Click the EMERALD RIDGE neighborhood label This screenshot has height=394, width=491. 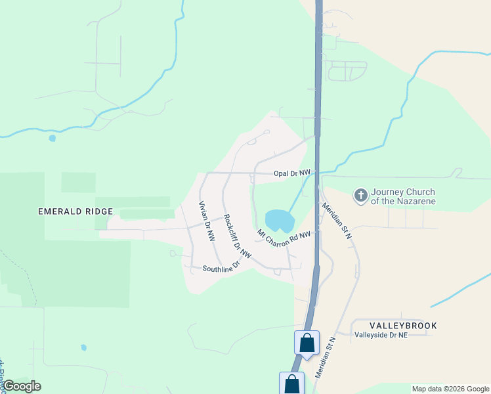coord(75,211)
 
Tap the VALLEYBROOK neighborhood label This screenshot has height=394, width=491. coord(403,326)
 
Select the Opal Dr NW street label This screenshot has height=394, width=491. coord(292,173)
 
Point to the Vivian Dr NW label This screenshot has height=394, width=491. coord(207,223)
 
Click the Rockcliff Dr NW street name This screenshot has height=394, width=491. coord(237,236)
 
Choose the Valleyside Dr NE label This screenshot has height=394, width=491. coord(381,335)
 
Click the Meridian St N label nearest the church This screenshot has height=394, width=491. coord(337,221)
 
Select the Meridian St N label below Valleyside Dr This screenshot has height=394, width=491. coord(325,357)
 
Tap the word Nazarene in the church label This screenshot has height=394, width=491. coord(414,201)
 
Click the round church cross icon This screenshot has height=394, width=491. coord(360,195)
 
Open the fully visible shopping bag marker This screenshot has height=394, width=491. coord(307,342)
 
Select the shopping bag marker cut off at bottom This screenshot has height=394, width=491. coord(292,383)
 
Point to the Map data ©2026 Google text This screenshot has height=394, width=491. coord(450,389)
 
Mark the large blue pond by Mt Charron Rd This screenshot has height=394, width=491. coord(279,220)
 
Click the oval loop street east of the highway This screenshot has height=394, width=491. coord(347,70)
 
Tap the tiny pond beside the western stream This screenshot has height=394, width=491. coord(52,138)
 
